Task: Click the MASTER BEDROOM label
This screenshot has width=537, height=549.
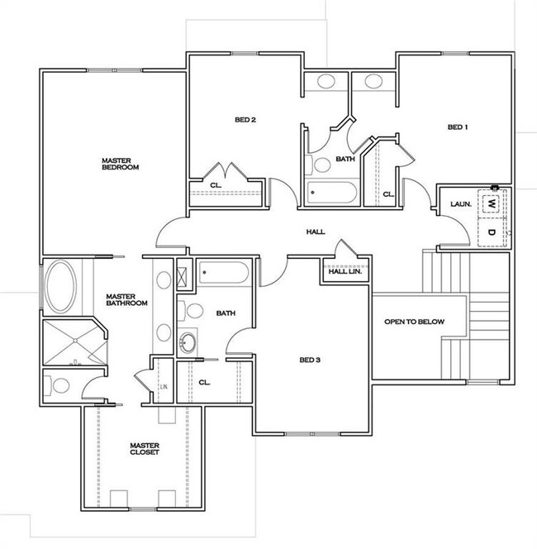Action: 120,164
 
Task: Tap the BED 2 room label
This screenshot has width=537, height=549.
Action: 245,120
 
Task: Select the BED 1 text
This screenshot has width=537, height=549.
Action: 458,127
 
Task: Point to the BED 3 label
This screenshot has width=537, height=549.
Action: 310,360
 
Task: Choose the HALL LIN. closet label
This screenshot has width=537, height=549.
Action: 345,270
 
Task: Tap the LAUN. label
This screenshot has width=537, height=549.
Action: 460,203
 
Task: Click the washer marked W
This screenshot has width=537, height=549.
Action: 492,203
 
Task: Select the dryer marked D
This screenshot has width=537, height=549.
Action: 492,232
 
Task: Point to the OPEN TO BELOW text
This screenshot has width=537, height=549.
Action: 414,321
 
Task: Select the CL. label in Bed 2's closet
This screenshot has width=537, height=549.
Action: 215,184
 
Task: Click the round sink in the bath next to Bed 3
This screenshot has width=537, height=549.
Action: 189,341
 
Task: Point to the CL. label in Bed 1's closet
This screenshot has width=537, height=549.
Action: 387,194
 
